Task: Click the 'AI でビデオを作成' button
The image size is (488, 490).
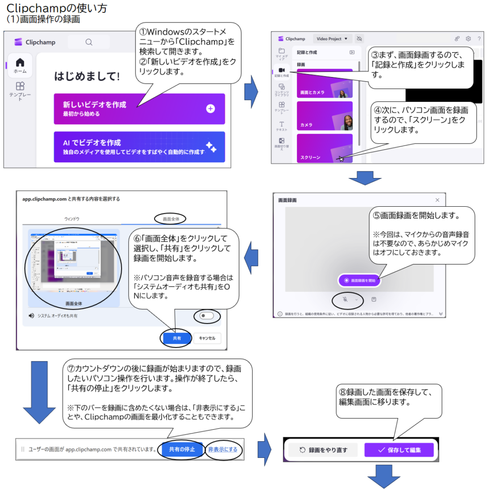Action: (x=139, y=147)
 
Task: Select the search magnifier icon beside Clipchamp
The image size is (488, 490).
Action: (x=89, y=42)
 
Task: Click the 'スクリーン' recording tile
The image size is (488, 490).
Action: (x=324, y=148)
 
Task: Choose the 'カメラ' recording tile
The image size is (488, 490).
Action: (x=324, y=116)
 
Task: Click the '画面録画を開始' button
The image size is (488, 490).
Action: (x=359, y=280)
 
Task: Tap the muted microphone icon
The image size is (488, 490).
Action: (x=345, y=300)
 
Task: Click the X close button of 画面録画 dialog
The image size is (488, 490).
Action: (x=437, y=200)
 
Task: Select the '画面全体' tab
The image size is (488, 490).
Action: (x=171, y=218)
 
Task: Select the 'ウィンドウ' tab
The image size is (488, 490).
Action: (x=72, y=219)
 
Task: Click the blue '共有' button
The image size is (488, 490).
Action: (x=177, y=338)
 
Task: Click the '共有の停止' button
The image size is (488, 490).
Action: (x=181, y=449)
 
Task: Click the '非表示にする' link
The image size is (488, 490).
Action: (x=222, y=449)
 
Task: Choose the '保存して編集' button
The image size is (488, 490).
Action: (x=399, y=450)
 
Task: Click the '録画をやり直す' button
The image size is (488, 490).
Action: (x=323, y=450)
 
